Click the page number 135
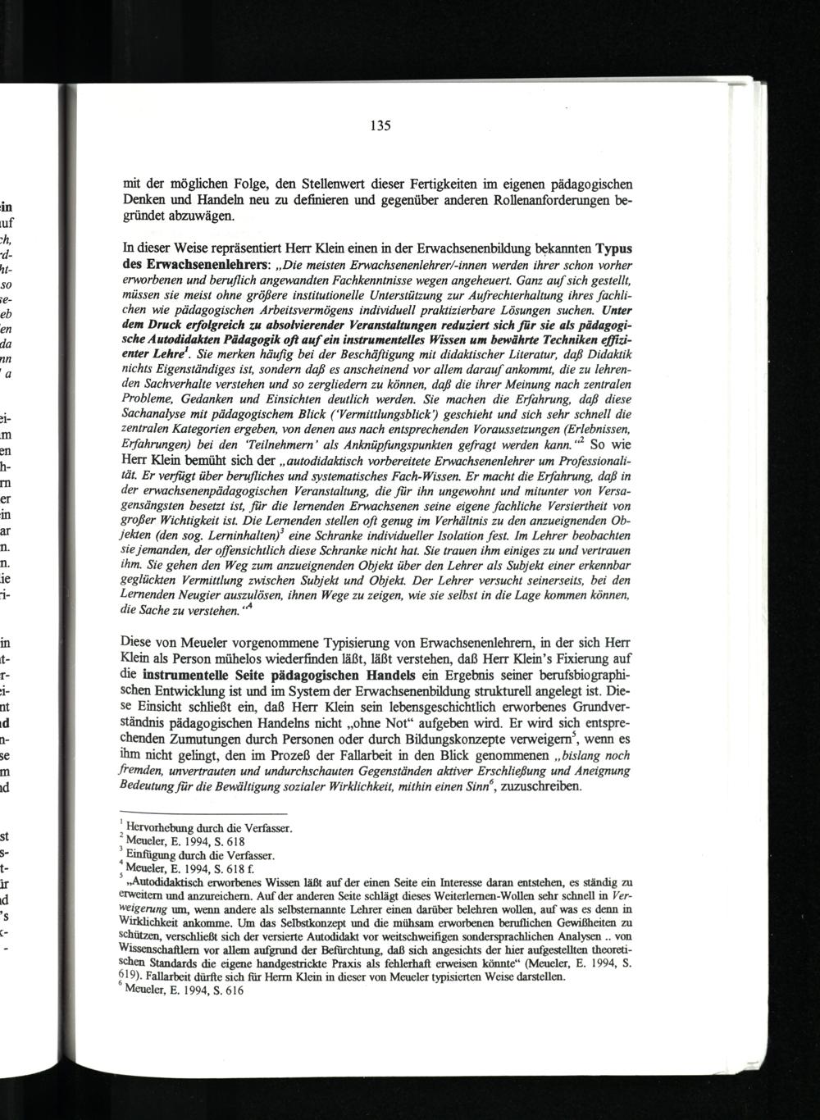[x=378, y=126]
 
